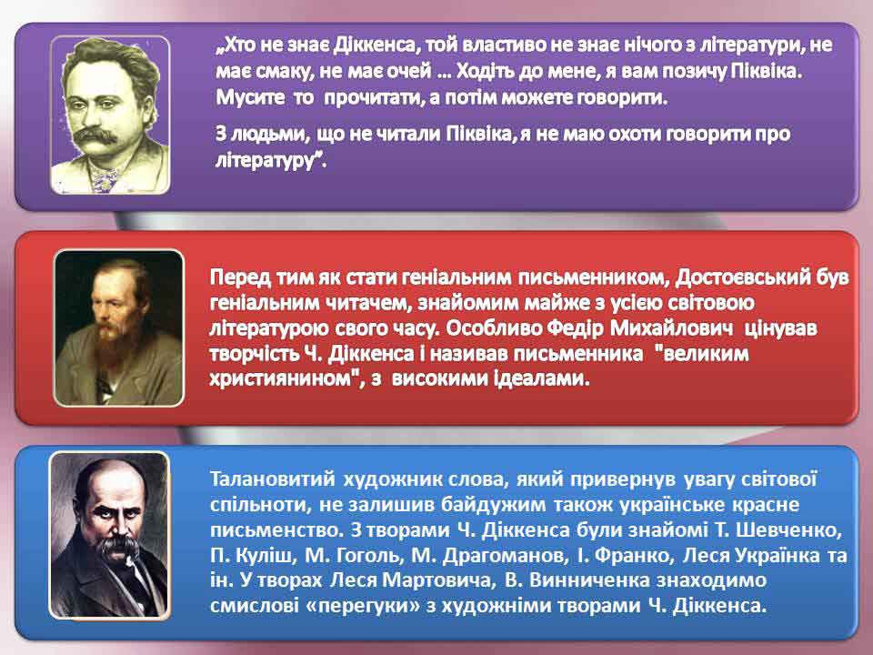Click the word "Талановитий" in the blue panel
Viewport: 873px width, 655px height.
point(273,479)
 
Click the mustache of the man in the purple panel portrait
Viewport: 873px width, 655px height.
point(95,136)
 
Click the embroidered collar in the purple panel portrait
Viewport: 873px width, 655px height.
point(104,178)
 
